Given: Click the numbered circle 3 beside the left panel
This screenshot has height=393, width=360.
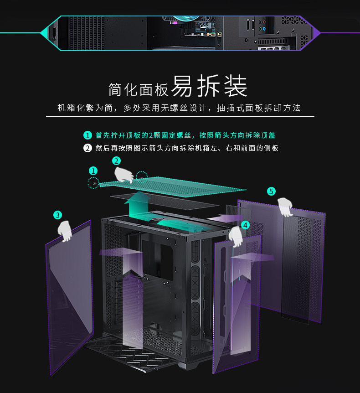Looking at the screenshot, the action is tap(57, 215).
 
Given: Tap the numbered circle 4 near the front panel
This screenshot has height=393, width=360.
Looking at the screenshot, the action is tap(245, 225).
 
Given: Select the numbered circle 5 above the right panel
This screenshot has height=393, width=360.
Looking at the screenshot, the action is tap(272, 191).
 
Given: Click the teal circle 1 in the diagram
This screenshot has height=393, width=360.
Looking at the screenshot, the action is tap(93, 171).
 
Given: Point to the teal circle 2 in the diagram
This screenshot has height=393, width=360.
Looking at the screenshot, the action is tap(117, 160).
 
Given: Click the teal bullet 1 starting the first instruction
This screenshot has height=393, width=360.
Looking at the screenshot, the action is tap(87, 135).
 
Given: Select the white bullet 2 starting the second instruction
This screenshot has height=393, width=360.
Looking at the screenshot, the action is tap(87, 148).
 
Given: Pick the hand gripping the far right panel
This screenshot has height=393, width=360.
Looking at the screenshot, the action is tap(285, 207).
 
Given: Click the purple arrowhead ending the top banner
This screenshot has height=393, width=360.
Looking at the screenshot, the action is tap(316, 33).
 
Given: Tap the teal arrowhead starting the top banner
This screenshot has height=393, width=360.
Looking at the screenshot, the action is tap(45, 33).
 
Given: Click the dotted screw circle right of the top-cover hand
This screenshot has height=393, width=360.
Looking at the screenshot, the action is tap(142, 176).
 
